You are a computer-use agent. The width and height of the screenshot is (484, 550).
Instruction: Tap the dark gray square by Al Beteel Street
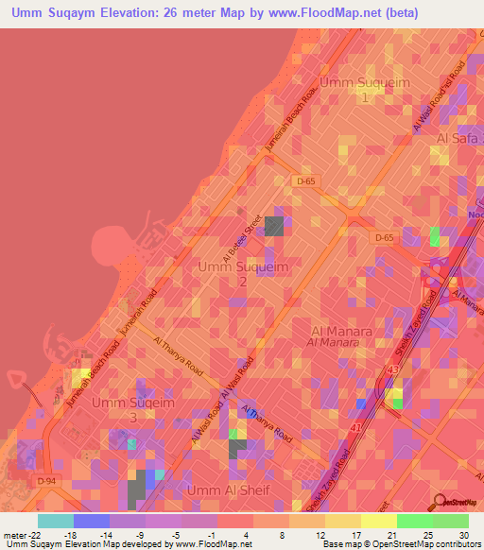[x=273, y=225]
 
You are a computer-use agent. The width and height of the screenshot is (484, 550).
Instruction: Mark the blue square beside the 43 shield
[x=362, y=404]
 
